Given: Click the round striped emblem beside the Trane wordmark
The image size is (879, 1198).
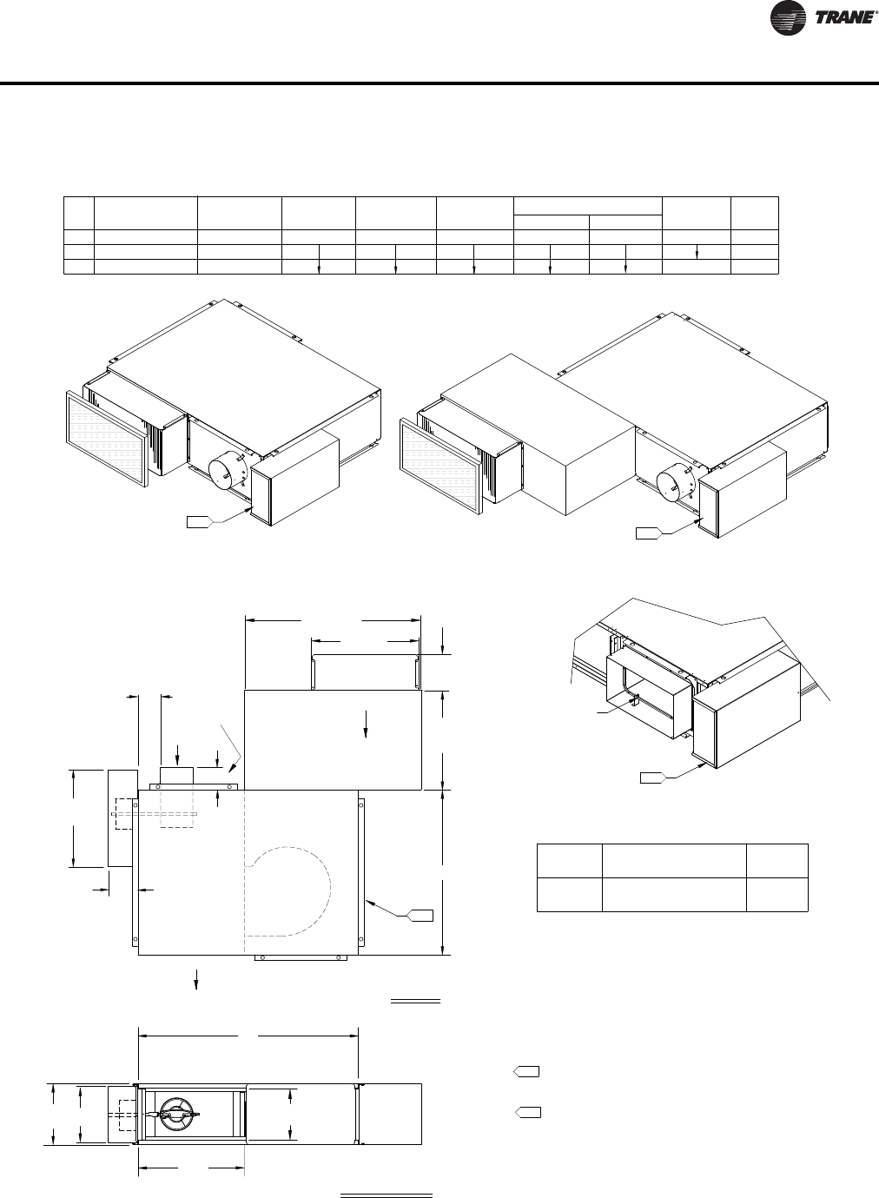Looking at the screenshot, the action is tap(788, 18).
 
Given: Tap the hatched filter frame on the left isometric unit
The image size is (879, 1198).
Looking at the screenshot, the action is tap(106, 439).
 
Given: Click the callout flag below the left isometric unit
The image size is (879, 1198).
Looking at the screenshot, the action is tap(201, 522).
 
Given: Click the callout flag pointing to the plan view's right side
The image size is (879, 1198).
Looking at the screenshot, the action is tap(420, 915).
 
